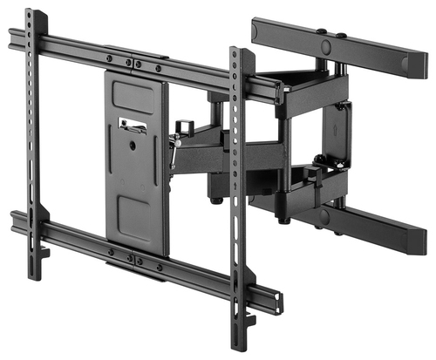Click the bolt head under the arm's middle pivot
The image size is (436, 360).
click(214, 200)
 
